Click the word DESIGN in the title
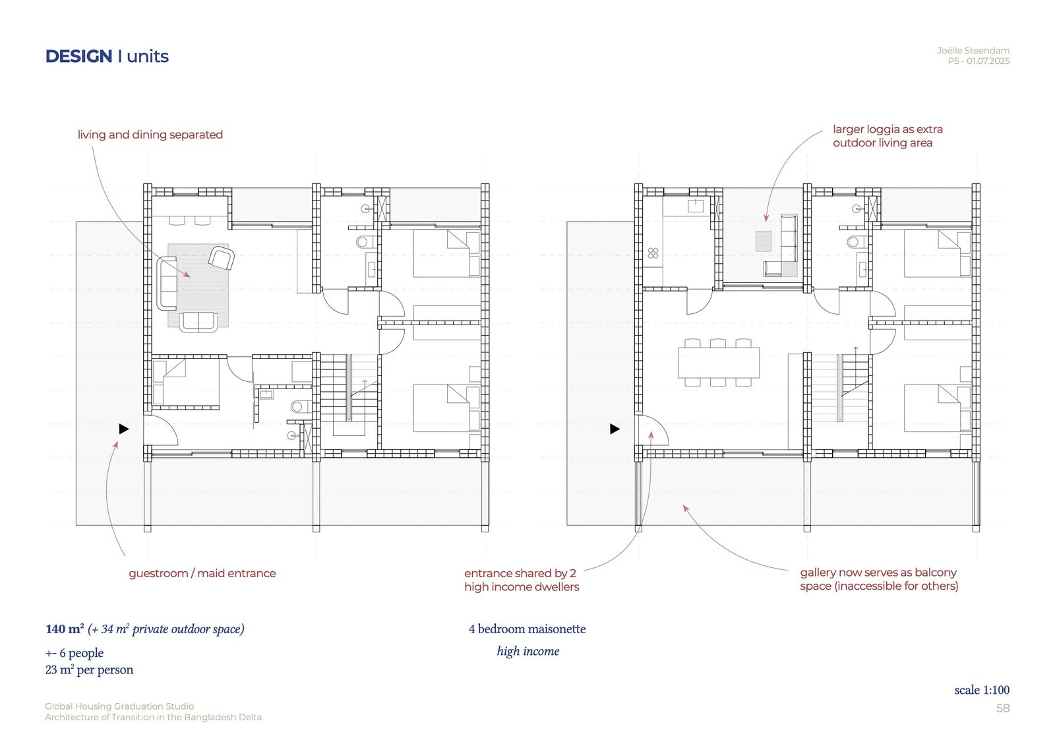78,57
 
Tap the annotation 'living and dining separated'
150,135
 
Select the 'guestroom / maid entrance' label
202,573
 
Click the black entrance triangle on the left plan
124,429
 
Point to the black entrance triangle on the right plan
615,429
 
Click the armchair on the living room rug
222,259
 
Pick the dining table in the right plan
719,362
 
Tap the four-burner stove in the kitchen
653,253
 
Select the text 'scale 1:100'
982,690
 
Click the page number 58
1003,708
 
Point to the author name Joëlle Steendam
973,50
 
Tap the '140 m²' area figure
65,629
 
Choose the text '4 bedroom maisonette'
527,629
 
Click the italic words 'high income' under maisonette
528,651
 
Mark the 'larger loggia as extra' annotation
888,129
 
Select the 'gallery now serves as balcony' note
878,573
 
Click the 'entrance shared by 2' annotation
520,573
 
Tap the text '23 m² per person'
89,669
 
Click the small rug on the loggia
764,241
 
